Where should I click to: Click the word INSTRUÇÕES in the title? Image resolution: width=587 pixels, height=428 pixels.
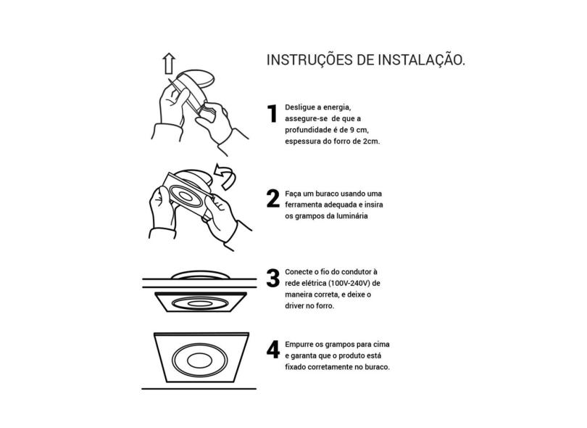click(309, 60)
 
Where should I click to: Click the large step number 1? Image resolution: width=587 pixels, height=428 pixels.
click(272, 114)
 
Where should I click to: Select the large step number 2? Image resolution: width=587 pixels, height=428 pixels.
click(273, 199)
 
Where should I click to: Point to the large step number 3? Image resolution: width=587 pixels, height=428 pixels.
click(273, 278)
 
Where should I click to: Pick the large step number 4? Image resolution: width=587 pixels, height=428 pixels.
click(273, 350)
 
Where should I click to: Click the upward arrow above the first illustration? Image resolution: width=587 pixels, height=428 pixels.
click(169, 63)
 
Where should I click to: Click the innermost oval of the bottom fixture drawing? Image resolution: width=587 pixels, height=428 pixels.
click(199, 361)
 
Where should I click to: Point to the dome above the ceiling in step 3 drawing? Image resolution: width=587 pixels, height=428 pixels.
click(200, 274)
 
